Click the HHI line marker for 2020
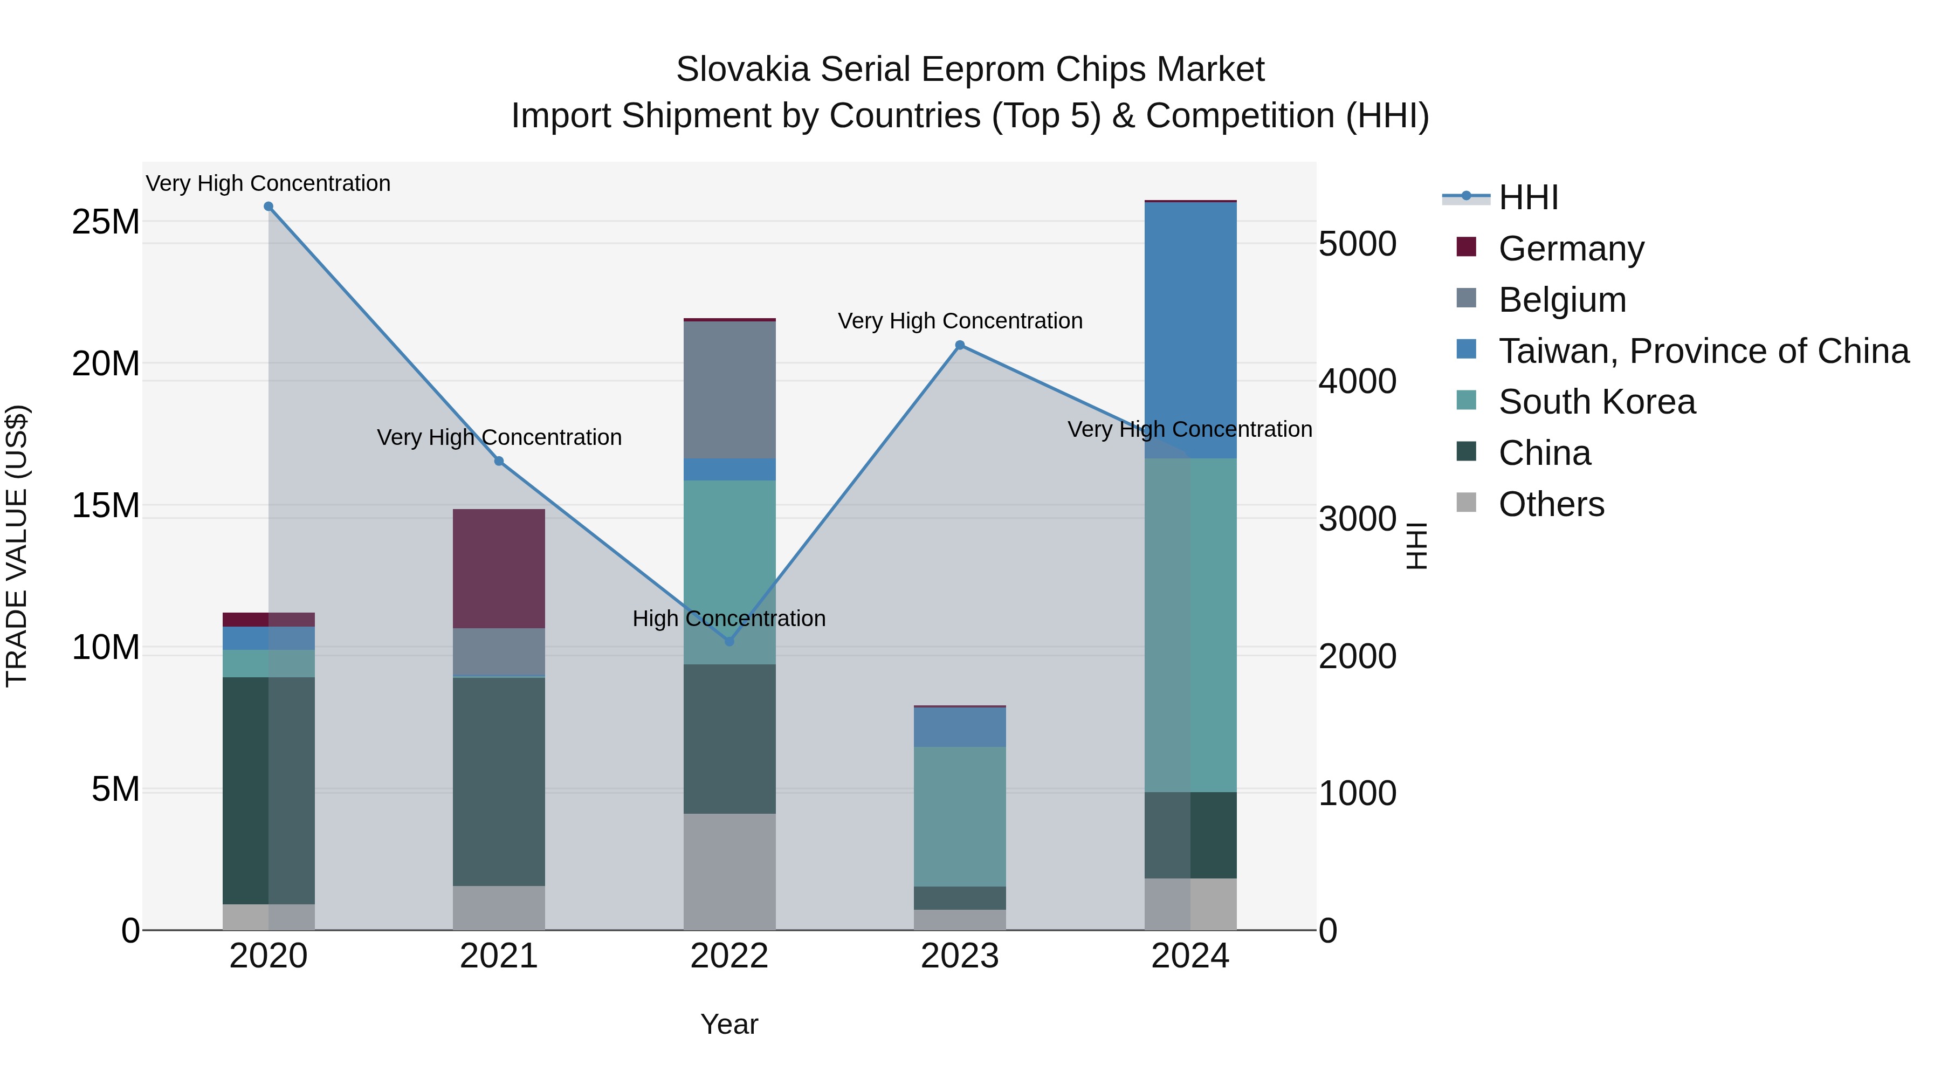coord(269,207)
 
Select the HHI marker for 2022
coord(728,641)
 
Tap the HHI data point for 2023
coord(959,345)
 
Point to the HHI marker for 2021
coord(499,461)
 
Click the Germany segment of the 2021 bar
coord(499,568)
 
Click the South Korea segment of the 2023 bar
coord(959,816)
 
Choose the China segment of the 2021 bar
coord(499,781)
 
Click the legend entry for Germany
coord(1571,248)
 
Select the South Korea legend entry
coord(1596,402)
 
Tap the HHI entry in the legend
coord(1528,197)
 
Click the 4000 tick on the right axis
coord(1357,381)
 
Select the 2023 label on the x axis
coord(959,956)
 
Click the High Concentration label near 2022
coord(728,619)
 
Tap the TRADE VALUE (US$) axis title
coord(17,546)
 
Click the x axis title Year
coord(728,1024)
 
